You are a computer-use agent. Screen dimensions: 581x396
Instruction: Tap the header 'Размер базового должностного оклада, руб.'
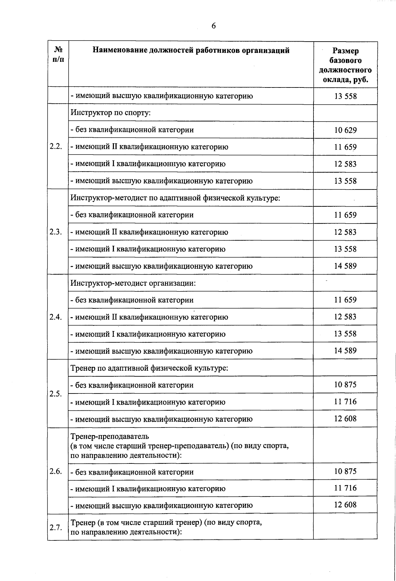point(345,65)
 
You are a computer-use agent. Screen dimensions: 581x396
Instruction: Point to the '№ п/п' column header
point(58,54)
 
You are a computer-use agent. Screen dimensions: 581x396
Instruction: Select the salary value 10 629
point(345,130)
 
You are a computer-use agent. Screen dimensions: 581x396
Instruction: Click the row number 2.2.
point(56,147)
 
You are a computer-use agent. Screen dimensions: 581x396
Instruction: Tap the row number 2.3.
point(56,232)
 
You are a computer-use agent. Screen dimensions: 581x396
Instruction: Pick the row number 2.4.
point(56,317)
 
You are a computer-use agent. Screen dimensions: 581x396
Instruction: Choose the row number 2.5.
point(56,394)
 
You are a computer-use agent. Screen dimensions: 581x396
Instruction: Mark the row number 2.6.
point(56,471)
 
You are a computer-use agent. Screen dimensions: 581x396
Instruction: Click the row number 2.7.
point(56,527)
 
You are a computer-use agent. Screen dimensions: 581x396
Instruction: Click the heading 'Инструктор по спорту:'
point(111,113)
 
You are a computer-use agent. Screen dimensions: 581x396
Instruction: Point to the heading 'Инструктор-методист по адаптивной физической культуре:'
point(175,198)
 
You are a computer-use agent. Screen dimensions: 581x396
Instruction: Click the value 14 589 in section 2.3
point(345,266)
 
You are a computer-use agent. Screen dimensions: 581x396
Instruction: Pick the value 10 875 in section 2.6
point(345,471)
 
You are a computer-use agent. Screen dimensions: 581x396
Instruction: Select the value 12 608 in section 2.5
point(345,419)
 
